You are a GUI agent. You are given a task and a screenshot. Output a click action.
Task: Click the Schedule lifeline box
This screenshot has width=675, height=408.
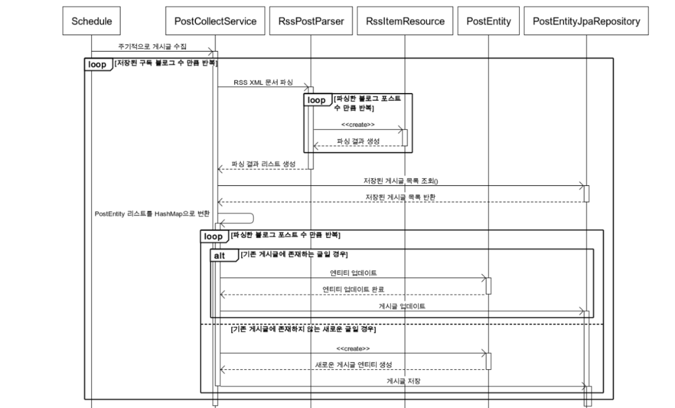pyautogui.click(x=91, y=21)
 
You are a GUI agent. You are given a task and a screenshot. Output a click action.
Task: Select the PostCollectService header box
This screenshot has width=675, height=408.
pyautogui.click(x=215, y=21)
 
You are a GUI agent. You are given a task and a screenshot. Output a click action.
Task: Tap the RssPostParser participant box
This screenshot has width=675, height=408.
pyautogui.click(x=311, y=21)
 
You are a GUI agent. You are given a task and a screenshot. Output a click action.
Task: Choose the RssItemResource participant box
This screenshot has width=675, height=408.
pyautogui.click(x=405, y=21)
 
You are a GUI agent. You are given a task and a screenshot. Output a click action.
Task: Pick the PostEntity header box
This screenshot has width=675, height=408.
pyautogui.click(x=488, y=21)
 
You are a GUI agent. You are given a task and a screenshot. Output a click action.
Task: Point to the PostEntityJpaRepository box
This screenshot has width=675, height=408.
pyautogui.click(x=586, y=21)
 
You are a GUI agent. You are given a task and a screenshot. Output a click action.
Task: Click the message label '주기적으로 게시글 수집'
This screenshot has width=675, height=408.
pyautogui.click(x=152, y=47)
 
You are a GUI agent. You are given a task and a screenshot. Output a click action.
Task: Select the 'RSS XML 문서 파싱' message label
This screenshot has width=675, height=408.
pyautogui.click(x=263, y=82)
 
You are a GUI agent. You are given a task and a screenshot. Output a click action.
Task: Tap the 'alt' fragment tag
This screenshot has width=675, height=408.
pyautogui.click(x=220, y=256)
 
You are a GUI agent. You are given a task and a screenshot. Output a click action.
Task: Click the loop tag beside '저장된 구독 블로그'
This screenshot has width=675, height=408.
pyautogui.click(x=97, y=65)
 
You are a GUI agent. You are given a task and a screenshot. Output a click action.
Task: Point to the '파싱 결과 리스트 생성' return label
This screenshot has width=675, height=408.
pyautogui.click(x=263, y=164)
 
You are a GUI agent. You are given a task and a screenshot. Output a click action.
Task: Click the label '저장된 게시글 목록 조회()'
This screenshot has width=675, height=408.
pyautogui.click(x=401, y=181)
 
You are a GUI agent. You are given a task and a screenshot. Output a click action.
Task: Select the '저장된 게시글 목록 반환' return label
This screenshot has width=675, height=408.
pyautogui.click(x=401, y=197)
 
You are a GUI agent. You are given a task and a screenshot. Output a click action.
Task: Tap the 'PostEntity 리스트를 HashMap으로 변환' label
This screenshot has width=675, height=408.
pyautogui.click(x=152, y=214)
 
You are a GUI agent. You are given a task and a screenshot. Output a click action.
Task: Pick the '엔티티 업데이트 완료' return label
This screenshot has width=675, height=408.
pyautogui.click(x=353, y=289)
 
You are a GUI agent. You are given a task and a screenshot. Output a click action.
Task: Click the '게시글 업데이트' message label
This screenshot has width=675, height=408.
pyautogui.click(x=402, y=306)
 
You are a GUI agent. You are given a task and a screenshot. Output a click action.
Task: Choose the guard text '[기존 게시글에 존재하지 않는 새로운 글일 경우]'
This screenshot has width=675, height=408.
pyautogui.click(x=303, y=329)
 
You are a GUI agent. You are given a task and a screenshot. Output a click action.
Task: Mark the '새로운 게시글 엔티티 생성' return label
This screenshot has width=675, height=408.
pyautogui.click(x=353, y=365)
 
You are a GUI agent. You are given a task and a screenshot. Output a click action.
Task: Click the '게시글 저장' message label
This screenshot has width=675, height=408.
pyautogui.click(x=403, y=381)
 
